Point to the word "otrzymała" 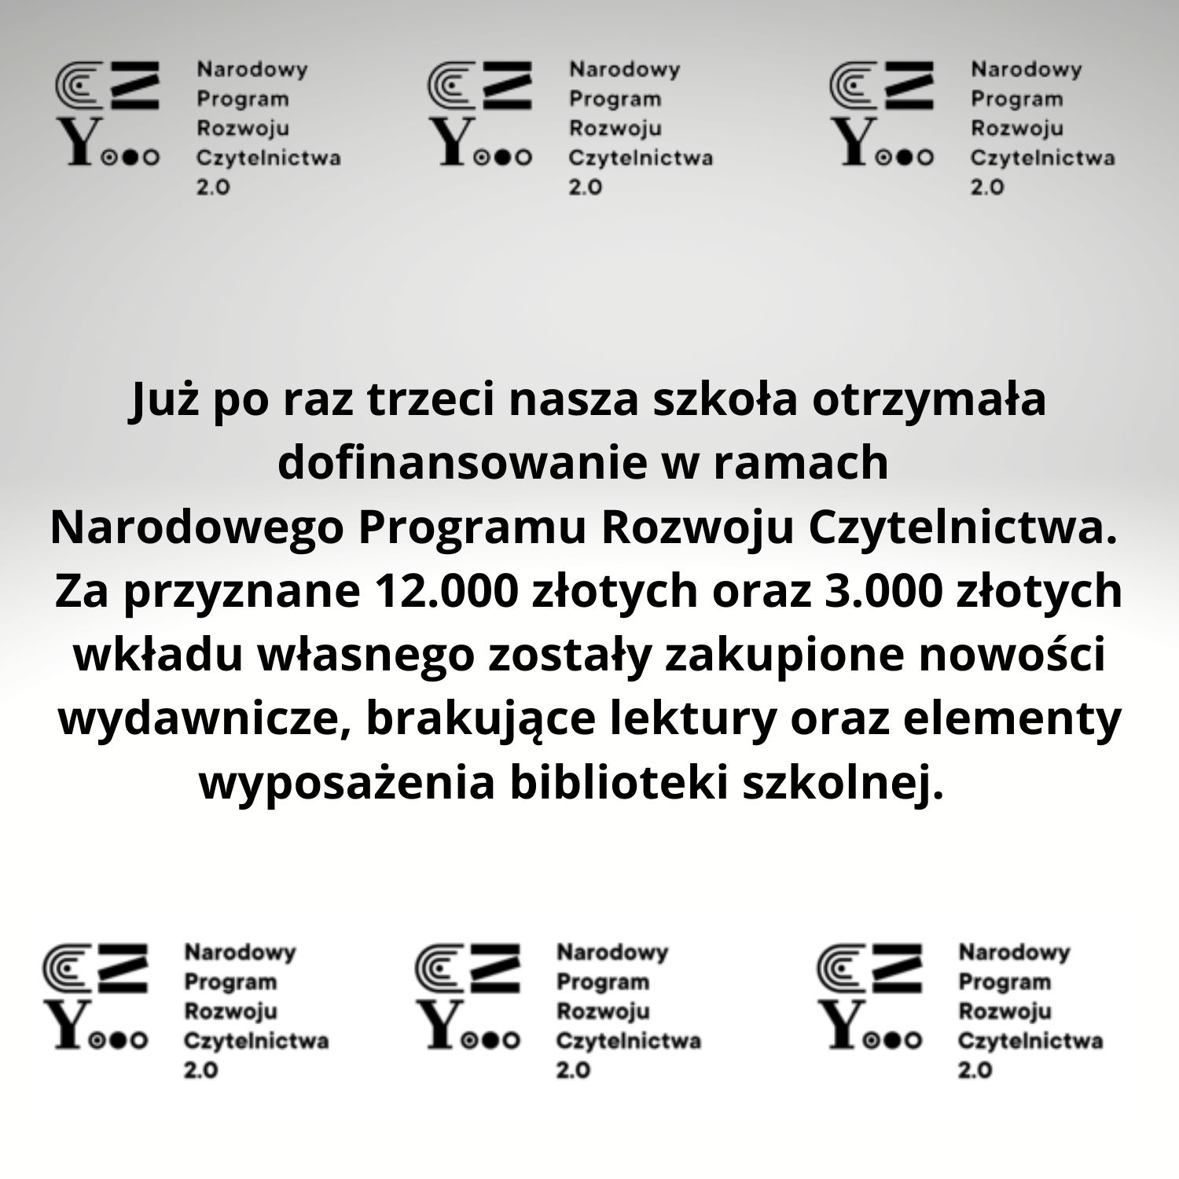[930, 399]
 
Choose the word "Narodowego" [197, 528]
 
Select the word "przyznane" [241, 591]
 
